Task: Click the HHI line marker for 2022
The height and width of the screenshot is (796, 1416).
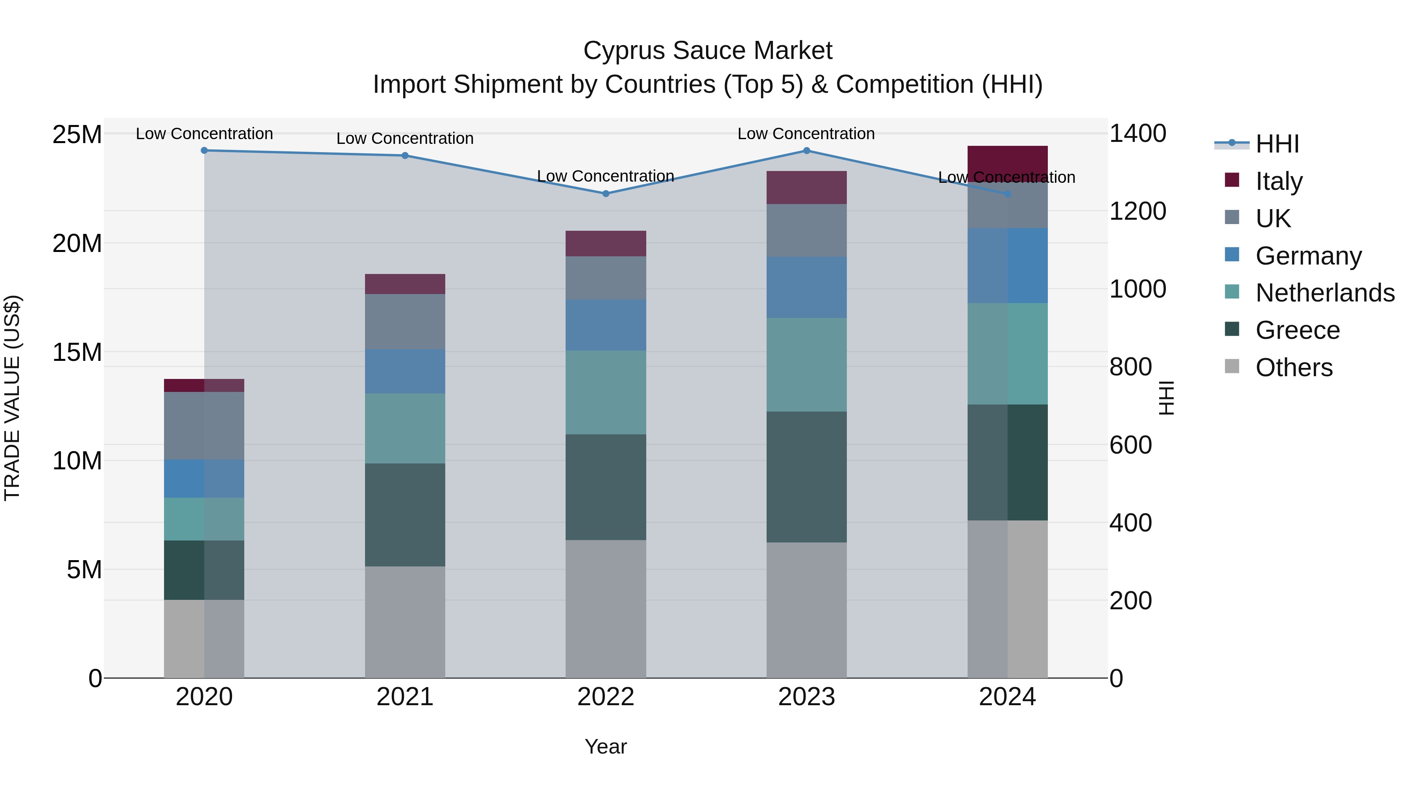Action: (x=606, y=193)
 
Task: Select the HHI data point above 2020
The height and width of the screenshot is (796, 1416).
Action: (x=205, y=151)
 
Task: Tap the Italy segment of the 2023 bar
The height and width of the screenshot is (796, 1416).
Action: (x=806, y=188)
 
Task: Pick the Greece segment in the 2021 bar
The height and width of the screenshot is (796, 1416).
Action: (x=405, y=515)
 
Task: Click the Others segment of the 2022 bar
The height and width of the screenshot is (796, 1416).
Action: (x=606, y=608)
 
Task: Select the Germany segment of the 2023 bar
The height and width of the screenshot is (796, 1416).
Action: (x=806, y=287)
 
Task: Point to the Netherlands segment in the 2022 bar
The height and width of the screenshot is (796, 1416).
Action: (x=606, y=392)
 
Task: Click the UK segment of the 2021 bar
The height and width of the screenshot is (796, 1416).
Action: (x=405, y=322)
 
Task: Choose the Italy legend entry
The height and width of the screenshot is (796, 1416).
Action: (x=1279, y=181)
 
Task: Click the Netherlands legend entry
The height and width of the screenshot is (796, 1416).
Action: (x=1325, y=293)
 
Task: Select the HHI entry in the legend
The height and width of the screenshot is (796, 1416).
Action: (x=1277, y=144)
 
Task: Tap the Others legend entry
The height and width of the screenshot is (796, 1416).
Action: (x=1294, y=368)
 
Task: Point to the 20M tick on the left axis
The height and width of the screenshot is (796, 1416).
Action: (x=77, y=243)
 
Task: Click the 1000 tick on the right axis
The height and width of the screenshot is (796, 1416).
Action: (x=1137, y=289)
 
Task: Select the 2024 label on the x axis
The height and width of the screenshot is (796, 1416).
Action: (x=1007, y=697)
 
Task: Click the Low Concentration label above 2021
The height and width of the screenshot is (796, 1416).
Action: (x=405, y=138)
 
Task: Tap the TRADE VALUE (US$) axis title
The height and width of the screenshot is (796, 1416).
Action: (x=12, y=398)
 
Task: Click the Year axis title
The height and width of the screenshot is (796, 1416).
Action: (x=606, y=746)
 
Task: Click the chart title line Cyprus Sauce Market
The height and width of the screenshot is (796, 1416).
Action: (x=708, y=51)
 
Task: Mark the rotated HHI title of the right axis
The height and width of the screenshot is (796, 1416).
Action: (x=1166, y=398)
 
